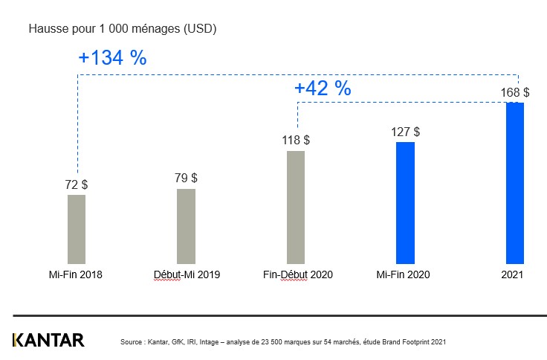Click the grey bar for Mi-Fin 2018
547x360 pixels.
(77, 229)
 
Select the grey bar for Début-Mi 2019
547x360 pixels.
(186, 226)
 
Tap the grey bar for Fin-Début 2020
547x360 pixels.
(295, 207)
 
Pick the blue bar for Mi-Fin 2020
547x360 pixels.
(405, 202)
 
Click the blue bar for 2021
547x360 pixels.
(515, 183)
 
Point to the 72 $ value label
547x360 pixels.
(77, 184)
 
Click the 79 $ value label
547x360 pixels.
(186, 178)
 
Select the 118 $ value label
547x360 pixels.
(296, 140)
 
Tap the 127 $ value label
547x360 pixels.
(405, 132)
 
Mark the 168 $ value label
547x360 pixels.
(515, 92)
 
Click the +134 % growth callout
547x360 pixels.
(112, 58)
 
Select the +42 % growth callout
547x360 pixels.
(323, 88)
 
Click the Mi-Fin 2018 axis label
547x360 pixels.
(72, 274)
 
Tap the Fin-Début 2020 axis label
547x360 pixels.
(297, 274)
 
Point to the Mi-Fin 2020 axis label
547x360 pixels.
(403, 274)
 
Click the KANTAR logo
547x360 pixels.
(48, 341)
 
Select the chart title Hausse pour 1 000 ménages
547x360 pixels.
(122, 29)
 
